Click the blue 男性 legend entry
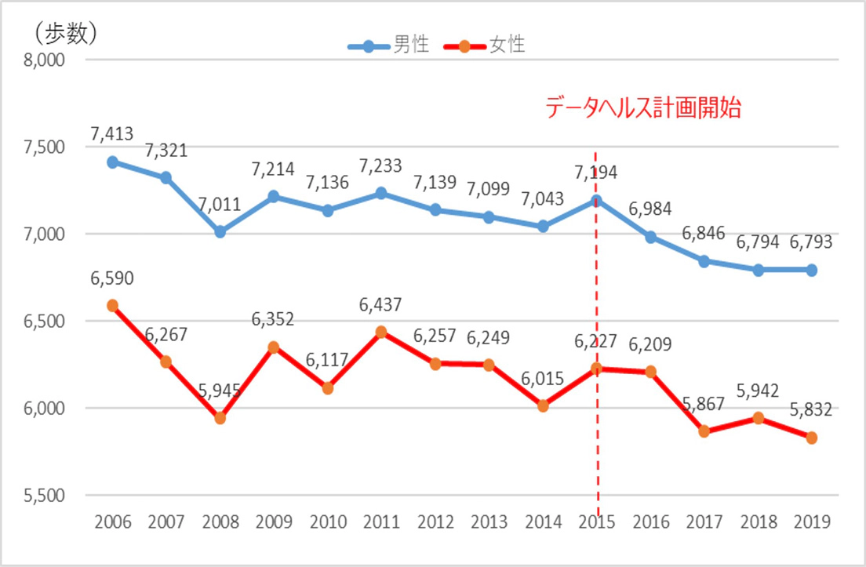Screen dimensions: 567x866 click(390, 45)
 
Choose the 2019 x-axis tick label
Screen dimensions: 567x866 click(812, 523)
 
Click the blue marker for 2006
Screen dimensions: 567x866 click(112, 162)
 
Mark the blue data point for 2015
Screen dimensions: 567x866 click(597, 199)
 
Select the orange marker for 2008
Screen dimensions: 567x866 click(220, 418)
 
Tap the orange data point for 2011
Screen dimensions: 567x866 click(381, 332)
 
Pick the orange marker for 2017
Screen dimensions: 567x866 click(704, 431)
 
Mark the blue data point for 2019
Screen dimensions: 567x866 click(812, 270)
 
